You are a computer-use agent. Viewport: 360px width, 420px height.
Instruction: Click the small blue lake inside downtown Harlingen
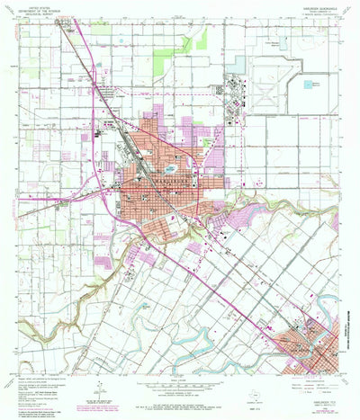pyautogui.click(x=171, y=167)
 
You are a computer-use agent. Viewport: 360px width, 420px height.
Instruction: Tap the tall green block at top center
pyautogui.click(x=162, y=61)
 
